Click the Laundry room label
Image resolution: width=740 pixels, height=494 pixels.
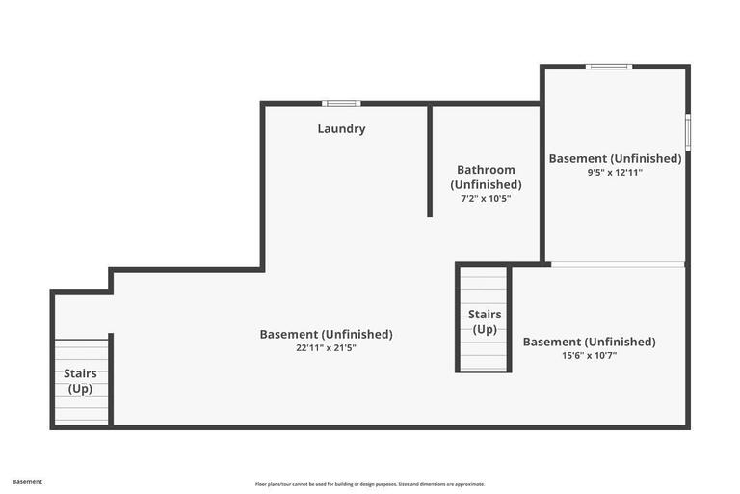tap(341, 128)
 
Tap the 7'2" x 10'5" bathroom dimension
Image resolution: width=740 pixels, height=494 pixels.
tap(486, 199)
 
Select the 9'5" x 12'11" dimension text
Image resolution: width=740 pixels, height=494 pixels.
tap(615, 173)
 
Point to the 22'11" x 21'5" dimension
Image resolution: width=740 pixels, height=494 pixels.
tap(326, 348)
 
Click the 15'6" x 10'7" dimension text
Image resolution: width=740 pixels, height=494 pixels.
tap(589, 355)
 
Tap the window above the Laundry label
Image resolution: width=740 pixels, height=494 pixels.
tap(341, 103)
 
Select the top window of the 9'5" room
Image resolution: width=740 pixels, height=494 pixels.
tap(609, 67)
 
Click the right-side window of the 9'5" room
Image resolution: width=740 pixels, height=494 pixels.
tap(687, 132)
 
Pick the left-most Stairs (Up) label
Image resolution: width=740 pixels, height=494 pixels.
tap(80, 381)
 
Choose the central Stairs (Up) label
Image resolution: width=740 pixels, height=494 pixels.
tap(485, 321)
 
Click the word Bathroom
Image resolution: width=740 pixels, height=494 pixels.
tap(486, 170)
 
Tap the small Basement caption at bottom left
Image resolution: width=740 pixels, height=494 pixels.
tap(27, 481)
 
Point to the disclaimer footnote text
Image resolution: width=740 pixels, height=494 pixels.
tap(370, 484)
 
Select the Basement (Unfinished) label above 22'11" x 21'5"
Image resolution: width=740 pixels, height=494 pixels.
tap(326, 334)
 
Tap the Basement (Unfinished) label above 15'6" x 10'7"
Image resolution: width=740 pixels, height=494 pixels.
tap(589, 342)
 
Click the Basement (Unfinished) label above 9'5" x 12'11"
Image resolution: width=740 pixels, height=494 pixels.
tap(615, 158)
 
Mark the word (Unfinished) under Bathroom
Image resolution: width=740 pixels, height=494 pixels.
tap(486, 184)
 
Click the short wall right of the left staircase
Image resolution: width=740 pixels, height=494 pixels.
tap(111, 378)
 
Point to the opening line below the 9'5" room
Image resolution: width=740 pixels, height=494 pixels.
tap(617, 263)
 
